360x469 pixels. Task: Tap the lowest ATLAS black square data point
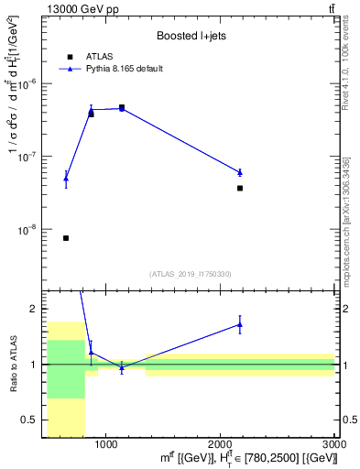click(x=66, y=238)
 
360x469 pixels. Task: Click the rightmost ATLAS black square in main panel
click(x=240, y=188)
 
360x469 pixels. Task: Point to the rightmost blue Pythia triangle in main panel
click(x=240, y=172)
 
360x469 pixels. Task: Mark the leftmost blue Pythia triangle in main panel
click(x=66, y=179)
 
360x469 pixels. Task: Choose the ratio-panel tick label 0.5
click(x=34, y=420)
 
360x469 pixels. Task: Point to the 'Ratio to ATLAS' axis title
click(x=14, y=364)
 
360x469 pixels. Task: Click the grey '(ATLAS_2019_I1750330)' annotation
click(x=191, y=274)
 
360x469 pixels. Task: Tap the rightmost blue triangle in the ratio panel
click(x=240, y=324)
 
